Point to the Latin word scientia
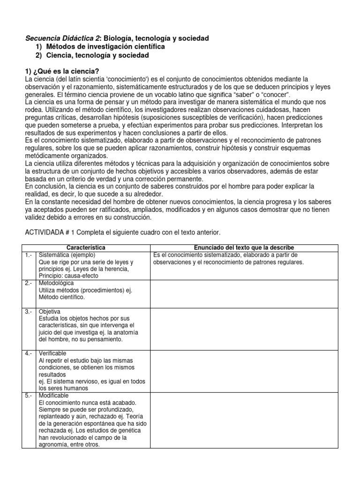click(x=96, y=79)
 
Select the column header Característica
click(x=86, y=247)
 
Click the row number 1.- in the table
click(x=29, y=255)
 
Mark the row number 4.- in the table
click(x=29, y=353)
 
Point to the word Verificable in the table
click(x=53, y=353)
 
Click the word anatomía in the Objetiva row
click(x=127, y=332)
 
